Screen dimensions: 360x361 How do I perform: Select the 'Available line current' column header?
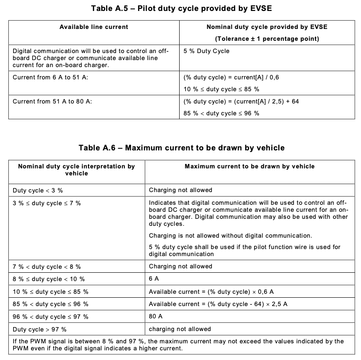[94, 27]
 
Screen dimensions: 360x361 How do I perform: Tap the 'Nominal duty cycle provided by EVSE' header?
[267, 27]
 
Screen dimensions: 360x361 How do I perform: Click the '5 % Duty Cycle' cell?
[206, 51]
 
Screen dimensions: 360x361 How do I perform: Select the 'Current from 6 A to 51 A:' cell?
[49, 77]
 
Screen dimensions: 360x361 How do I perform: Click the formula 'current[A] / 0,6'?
[231, 77]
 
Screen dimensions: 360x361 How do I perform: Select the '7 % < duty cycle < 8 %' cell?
[47, 267]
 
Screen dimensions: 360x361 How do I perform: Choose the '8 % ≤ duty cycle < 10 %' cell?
[49, 279]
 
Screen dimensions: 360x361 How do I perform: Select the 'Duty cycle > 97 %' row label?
[40, 329]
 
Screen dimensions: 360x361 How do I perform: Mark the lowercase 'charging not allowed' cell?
[180, 329]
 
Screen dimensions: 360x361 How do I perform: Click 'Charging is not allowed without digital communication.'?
[230, 235]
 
